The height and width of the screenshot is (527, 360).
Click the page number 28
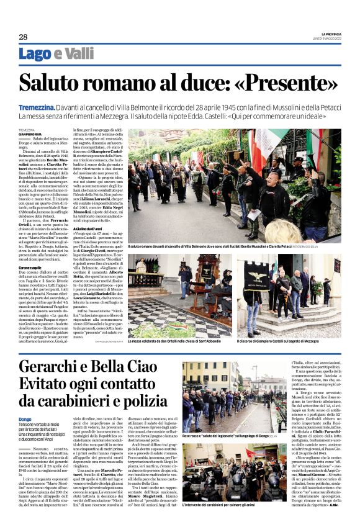(23, 37)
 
